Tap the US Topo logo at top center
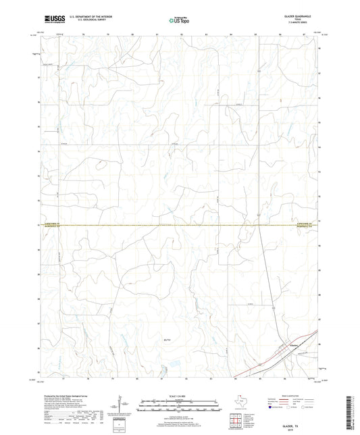point(178,20)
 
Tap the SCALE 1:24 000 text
point(180,395)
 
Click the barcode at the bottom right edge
point(353,412)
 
